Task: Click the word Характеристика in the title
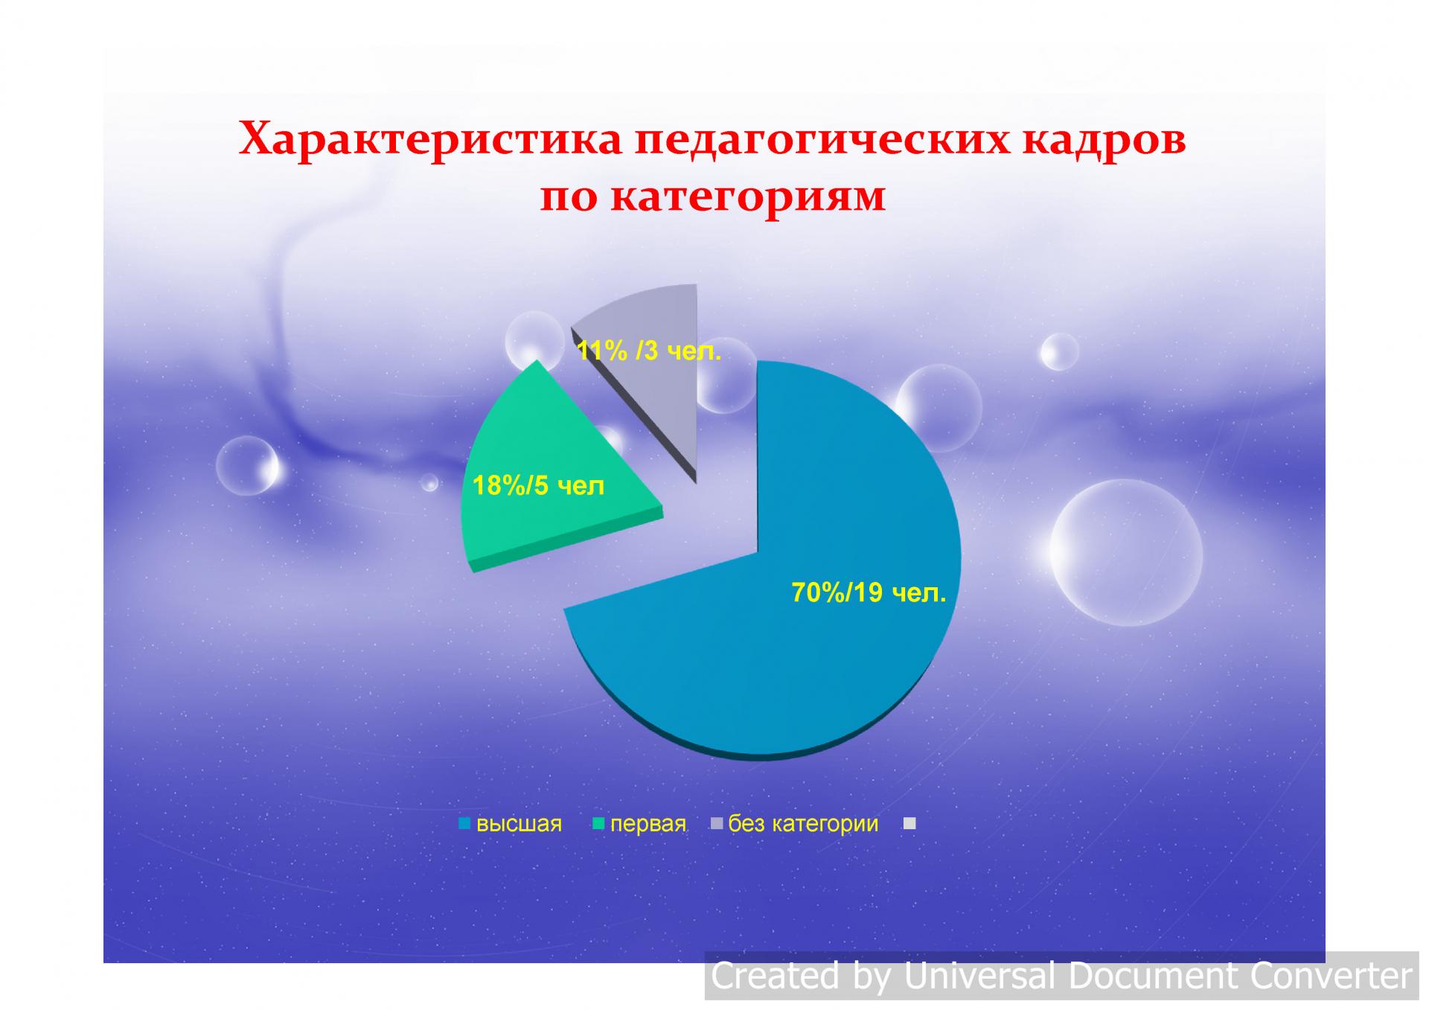(429, 139)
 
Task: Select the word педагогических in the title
(822, 141)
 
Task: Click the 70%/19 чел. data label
(869, 593)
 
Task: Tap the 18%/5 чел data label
(539, 486)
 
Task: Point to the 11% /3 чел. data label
(649, 351)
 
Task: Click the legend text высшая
(519, 824)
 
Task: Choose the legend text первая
(648, 824)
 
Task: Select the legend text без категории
(803, 824)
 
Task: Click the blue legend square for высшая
(465, 824)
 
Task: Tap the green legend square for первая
(598, 824)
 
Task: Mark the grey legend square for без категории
(717, 823)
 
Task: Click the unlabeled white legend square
(909, 823)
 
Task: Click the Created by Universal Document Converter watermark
(1061, 976)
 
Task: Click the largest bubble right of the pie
(1126, 552)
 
